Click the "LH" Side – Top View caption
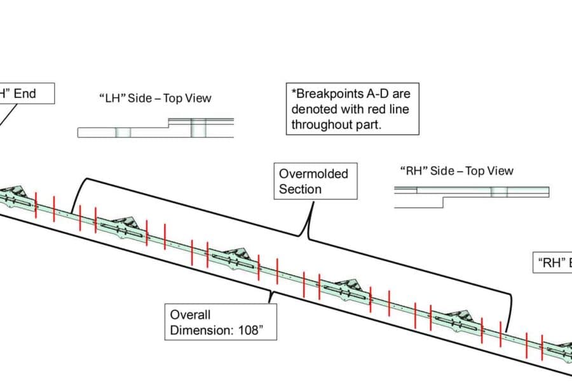[156, 98]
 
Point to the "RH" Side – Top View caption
[457, 170]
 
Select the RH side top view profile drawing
[472, 192]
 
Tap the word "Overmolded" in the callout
[313, 173]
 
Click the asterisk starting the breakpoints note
[293, 93]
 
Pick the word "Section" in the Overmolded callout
[300, 189]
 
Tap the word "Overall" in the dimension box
[190, 314]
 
